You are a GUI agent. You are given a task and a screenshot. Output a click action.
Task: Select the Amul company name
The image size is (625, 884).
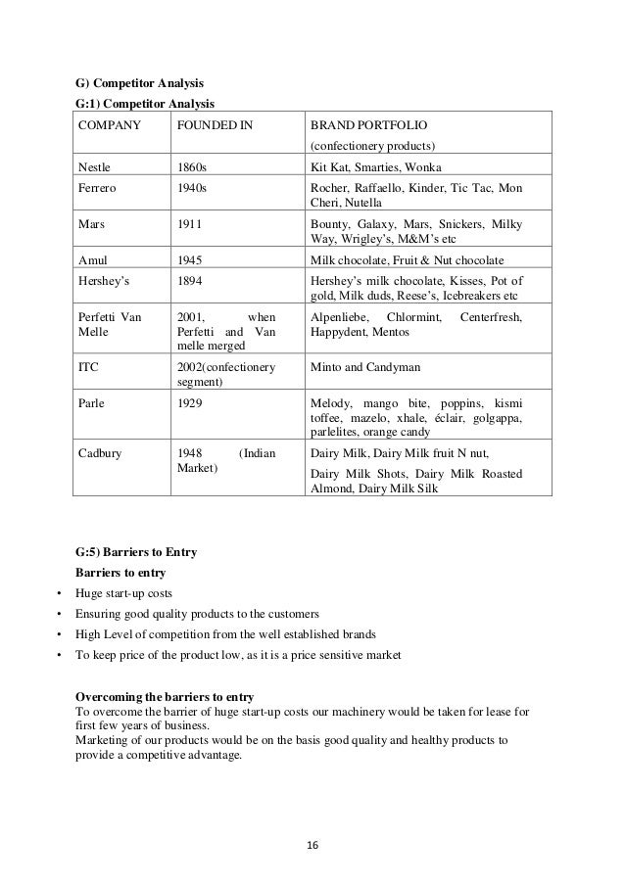coord(92,260)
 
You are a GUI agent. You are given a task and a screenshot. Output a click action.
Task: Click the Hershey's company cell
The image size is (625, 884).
coord(104,279)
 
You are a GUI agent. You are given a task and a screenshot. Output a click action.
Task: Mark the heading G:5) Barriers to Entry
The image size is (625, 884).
coord(136,552)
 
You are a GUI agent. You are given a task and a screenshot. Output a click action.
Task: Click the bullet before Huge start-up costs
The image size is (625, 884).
coord(60,593)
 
